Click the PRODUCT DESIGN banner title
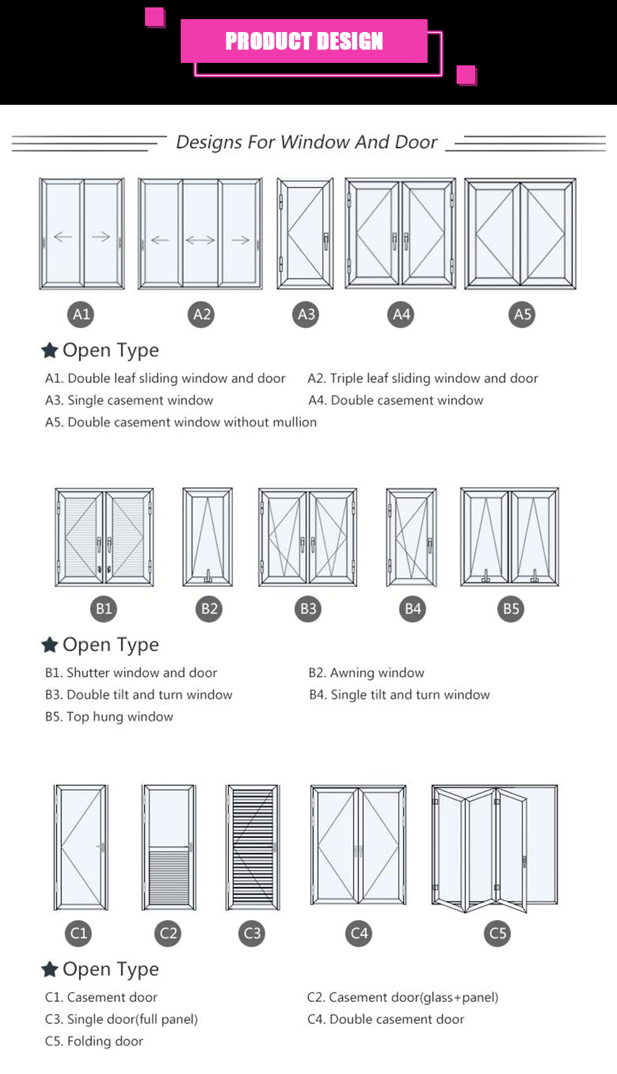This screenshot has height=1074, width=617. pyautogui.click(x=304, y=41)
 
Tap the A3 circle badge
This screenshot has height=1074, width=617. pyautogui.click(x=307, y=314)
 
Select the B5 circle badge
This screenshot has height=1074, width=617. pyautogui.click(x=511, y=609)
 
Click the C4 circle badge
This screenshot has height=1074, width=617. pyautogui.click(x=359, y=933)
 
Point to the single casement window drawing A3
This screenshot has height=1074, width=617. pyautogui.click(x=305, y=234)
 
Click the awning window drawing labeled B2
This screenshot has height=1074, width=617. pyautogui.click(x=208, y=536)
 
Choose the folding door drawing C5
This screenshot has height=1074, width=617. pyautogui.click(x=494, y=848)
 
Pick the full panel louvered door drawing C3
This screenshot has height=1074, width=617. pyautogui.click(x=252, y=847)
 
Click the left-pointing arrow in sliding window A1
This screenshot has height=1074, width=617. pyautogui.click(x=63, y=237)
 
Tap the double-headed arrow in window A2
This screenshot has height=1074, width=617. pyautogui.click(x=200, y=240)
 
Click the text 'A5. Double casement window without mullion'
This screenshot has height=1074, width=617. pyautogui.click(x=181, y=422)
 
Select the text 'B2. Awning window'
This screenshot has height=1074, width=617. pyautogui.click(x=366, y=673)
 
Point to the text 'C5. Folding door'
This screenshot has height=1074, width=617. pyautogui.click(x=94, y=1041)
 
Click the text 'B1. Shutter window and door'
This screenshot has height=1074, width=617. pyautogui.click(x=131, y=673)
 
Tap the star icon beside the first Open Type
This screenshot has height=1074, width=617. pyautogui.click(x=49, y=350)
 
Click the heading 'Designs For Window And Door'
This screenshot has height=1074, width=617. pyautogui.click(x=307, y=142)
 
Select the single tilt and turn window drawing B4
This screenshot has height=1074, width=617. pyautogui.click(x=412, y=536)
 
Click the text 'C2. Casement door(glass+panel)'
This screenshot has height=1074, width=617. pyautogui.click(x=402, y=997)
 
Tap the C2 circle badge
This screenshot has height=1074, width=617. pyautogui.click(x=168, y=933)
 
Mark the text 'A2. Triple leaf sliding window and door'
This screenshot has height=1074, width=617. pyautogui.click(x=423, y=378)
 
